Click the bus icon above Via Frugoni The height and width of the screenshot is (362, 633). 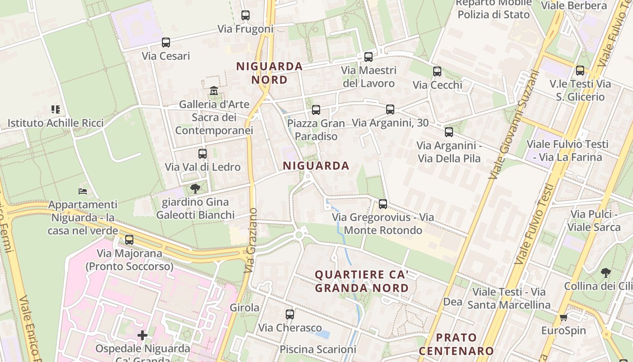tap(246, 15)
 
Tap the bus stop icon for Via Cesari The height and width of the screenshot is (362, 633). tap(166, 43)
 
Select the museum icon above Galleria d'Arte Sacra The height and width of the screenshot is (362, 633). tap(214, 91)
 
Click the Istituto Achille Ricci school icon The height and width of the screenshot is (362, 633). tap(56, 109)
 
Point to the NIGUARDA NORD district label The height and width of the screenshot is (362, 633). tap(269, 73)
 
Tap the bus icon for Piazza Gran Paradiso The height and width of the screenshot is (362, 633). tap(316, 110)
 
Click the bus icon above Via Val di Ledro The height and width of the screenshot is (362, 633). tap(203, 153)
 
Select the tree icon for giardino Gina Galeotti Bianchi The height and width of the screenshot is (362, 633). tap(195, 188)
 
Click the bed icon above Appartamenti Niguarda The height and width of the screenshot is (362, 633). tap(83, 191)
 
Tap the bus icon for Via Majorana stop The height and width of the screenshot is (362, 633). tap(129, 240)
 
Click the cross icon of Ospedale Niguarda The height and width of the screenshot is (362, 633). tap(142, 335)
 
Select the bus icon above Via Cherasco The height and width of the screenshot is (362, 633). tap(290, 314)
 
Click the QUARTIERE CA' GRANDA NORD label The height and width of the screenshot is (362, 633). tap(362, 281)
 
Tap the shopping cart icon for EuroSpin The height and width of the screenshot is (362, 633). tap(563, 317)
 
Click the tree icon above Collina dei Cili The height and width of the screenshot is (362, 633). tap(605, 272)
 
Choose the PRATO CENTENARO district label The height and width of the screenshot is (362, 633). tap(456, 344)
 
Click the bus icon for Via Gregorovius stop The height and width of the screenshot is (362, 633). tap(383, 204)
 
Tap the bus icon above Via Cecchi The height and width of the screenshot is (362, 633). tap(437, 71)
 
